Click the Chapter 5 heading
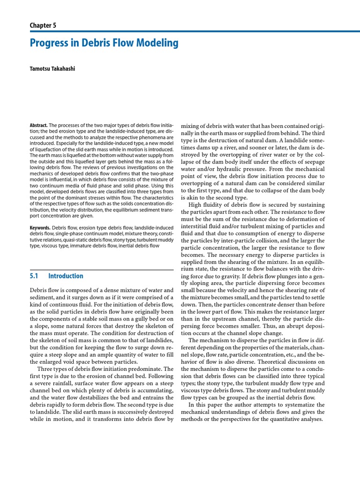pos(43,25)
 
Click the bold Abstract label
pos(38,126)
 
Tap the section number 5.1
pos(34,276)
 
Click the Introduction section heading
pos(66,276)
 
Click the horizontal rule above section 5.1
pos(101,270)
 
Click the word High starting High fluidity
pos(195,204)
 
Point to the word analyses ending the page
pos(311,419)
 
